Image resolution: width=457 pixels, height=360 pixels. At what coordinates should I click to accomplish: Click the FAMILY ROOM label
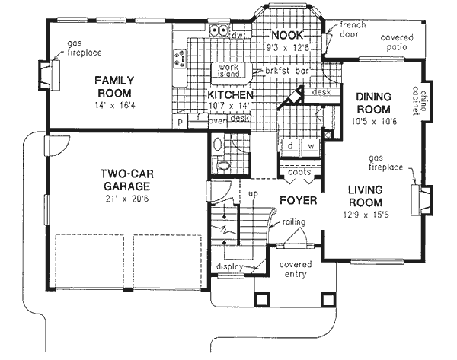coord(114,87)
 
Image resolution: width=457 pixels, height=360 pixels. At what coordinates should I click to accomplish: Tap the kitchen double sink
coord(219,30)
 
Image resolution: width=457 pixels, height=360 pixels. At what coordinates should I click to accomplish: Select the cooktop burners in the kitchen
coord(180,59)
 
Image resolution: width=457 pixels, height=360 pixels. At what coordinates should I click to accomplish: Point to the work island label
coord(228,71)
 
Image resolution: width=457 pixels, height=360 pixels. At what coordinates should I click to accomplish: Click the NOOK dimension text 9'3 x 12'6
coord(287,48)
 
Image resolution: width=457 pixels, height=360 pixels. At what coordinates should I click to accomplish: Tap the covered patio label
coord(397,42)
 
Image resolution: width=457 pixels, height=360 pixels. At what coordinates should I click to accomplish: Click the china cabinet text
coord(419,100)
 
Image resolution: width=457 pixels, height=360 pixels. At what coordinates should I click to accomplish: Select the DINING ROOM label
coord(374,103)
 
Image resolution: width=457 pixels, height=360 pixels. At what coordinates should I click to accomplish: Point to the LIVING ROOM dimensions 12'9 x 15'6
coord(366,215)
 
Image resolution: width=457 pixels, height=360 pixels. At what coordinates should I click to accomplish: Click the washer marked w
coord(311,146)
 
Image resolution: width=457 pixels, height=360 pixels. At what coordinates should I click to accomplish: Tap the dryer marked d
coord(290,146)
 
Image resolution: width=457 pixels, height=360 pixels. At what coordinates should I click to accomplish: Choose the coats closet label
coord(299,172)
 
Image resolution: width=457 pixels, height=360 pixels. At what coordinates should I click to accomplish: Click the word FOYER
coord(298,200)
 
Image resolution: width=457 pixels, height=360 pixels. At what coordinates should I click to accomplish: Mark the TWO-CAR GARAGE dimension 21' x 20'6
coord(127,199)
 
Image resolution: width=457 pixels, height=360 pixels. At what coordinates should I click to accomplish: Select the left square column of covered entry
coord(263,299)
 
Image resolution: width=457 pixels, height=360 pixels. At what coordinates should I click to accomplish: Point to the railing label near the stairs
coord(293,222)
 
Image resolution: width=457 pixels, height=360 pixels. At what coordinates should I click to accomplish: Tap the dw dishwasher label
coord(237,36)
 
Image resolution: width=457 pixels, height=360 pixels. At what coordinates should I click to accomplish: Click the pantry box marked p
coord(180,122)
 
